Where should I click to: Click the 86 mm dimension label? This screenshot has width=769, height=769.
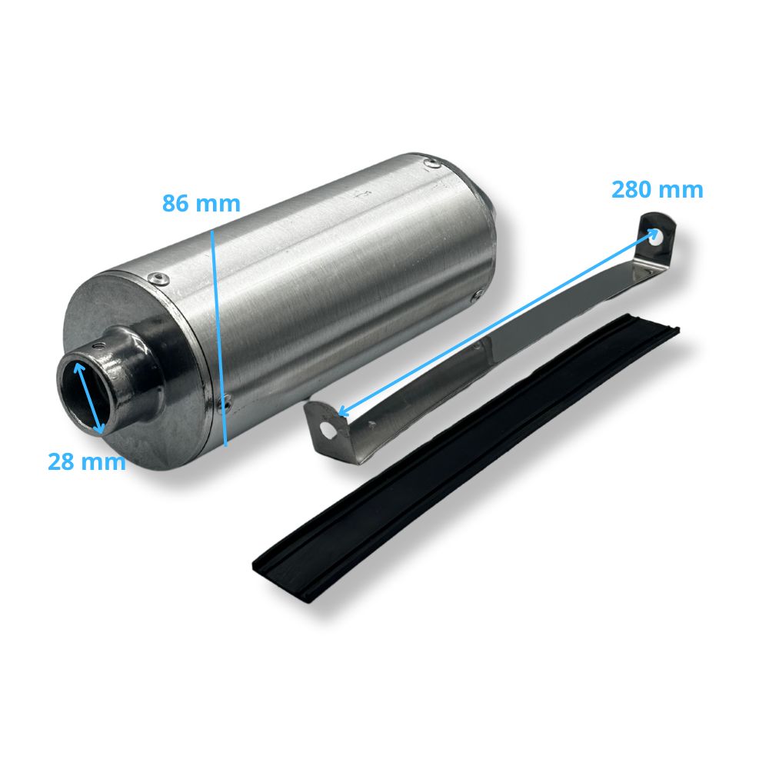[x=201, y=204]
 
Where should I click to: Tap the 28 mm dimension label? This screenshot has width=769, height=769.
[x=87, y=462]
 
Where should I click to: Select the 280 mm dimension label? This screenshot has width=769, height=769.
[x=657, y=190]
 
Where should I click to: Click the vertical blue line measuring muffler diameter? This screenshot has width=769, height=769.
[x=218, y=338]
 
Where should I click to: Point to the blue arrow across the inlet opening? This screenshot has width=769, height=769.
[x=88, y=398]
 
